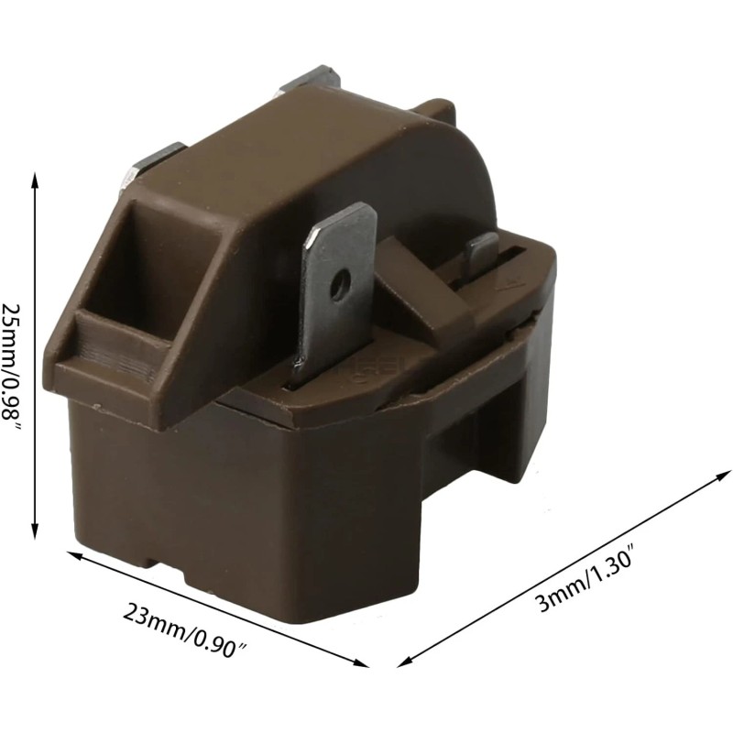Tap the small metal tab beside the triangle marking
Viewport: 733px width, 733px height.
coord(480,257)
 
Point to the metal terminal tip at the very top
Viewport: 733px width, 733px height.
coord(312,77)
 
